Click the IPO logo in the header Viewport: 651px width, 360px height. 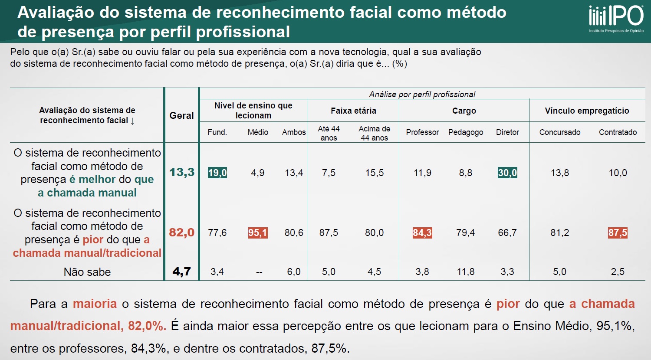pos(616,17)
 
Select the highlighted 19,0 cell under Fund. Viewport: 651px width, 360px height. pos(217,173)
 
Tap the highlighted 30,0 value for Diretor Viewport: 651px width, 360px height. pos(507,173)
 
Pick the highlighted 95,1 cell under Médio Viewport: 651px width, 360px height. pos(258,233)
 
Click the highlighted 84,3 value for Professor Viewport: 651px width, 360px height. pos(422,233)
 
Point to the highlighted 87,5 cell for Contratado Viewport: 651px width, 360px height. pos(618,233)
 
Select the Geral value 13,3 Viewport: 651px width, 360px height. pos(182,172)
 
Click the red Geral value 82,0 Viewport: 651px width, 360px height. pos(182,232)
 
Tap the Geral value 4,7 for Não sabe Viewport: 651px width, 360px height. pos(182,272)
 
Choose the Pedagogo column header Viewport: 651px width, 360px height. pos(466,132)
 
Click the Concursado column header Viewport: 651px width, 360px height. pos(560,132)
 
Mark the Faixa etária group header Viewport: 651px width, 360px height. pos(353,111)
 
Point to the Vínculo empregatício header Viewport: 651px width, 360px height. pos(587,111)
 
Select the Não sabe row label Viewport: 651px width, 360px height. pos(87,272)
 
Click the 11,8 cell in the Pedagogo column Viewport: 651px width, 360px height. pos(466,272)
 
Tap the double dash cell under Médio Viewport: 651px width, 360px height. pos(259,272)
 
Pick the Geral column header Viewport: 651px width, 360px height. pos(181,115)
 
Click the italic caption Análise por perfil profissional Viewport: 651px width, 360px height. pos(422,94)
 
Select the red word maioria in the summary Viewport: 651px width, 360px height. pos(95,304)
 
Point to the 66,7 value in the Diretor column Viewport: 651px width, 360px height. pos(507,233)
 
